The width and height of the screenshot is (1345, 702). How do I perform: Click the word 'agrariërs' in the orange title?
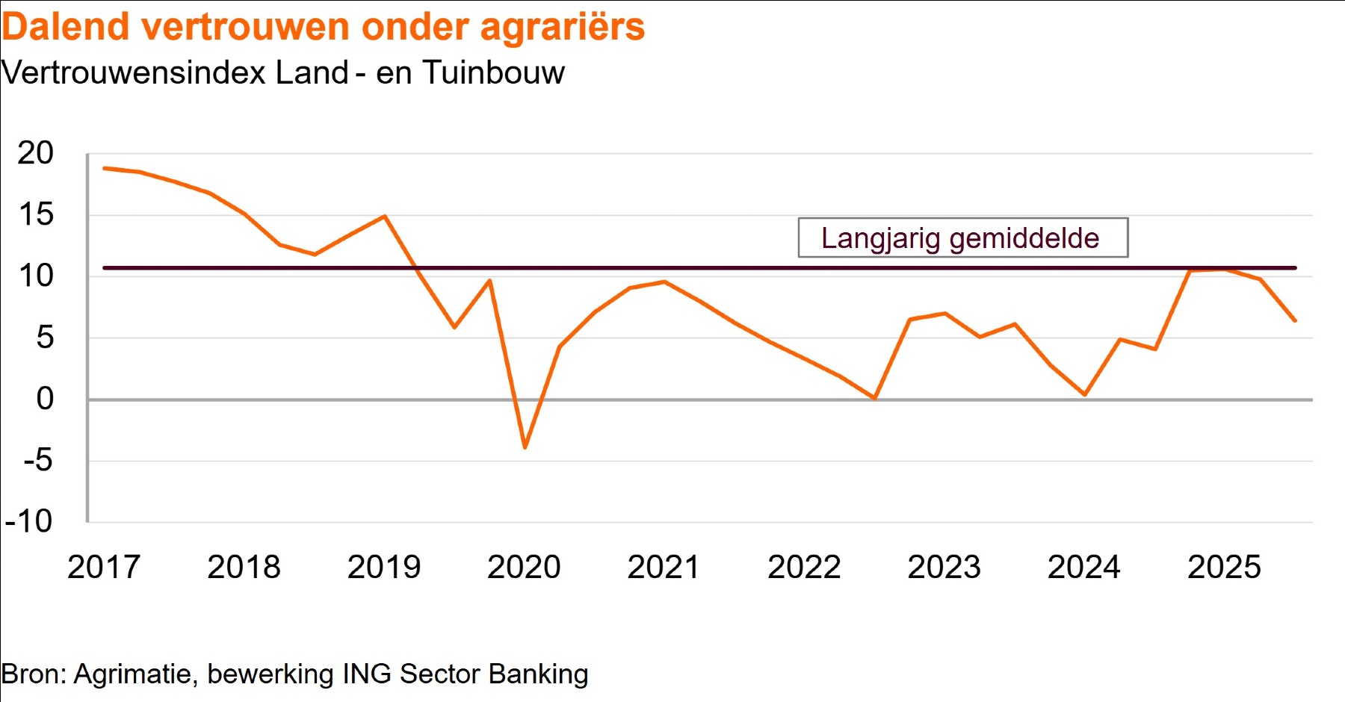click(x=562, y=27)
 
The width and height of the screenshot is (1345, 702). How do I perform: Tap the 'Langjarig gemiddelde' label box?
click(x=962, y=238)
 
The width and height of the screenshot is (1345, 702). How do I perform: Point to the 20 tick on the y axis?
click(x=35, y=154)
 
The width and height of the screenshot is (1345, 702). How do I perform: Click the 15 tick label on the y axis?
click(x=35, y=215)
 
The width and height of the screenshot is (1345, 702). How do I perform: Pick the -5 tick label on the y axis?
click(x=38, y=460)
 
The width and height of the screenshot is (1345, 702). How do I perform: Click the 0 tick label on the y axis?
click(x=45, y=399)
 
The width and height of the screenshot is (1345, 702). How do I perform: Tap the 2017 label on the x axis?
click(x=104, y=568)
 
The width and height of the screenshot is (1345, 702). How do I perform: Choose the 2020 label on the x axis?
click(x=524, y=568)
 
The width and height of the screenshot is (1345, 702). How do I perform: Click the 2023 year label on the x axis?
click(x=944, y=568)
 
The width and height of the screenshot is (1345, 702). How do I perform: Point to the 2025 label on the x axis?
click(x=1224, y=568)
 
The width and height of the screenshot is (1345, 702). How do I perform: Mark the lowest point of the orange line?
click(x=525, y=447)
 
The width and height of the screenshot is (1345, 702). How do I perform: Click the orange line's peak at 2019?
click(x=384, y=217)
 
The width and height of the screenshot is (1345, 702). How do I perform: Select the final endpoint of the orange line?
click(x=1295, y=321)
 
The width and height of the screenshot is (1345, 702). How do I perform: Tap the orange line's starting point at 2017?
click(x=104, y=168)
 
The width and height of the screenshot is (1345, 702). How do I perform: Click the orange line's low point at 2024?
click(x=1084, y=394)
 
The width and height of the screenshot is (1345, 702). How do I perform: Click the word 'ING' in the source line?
click(x=366, y=674)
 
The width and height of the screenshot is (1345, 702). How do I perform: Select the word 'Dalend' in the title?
click(x=67, y=27)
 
